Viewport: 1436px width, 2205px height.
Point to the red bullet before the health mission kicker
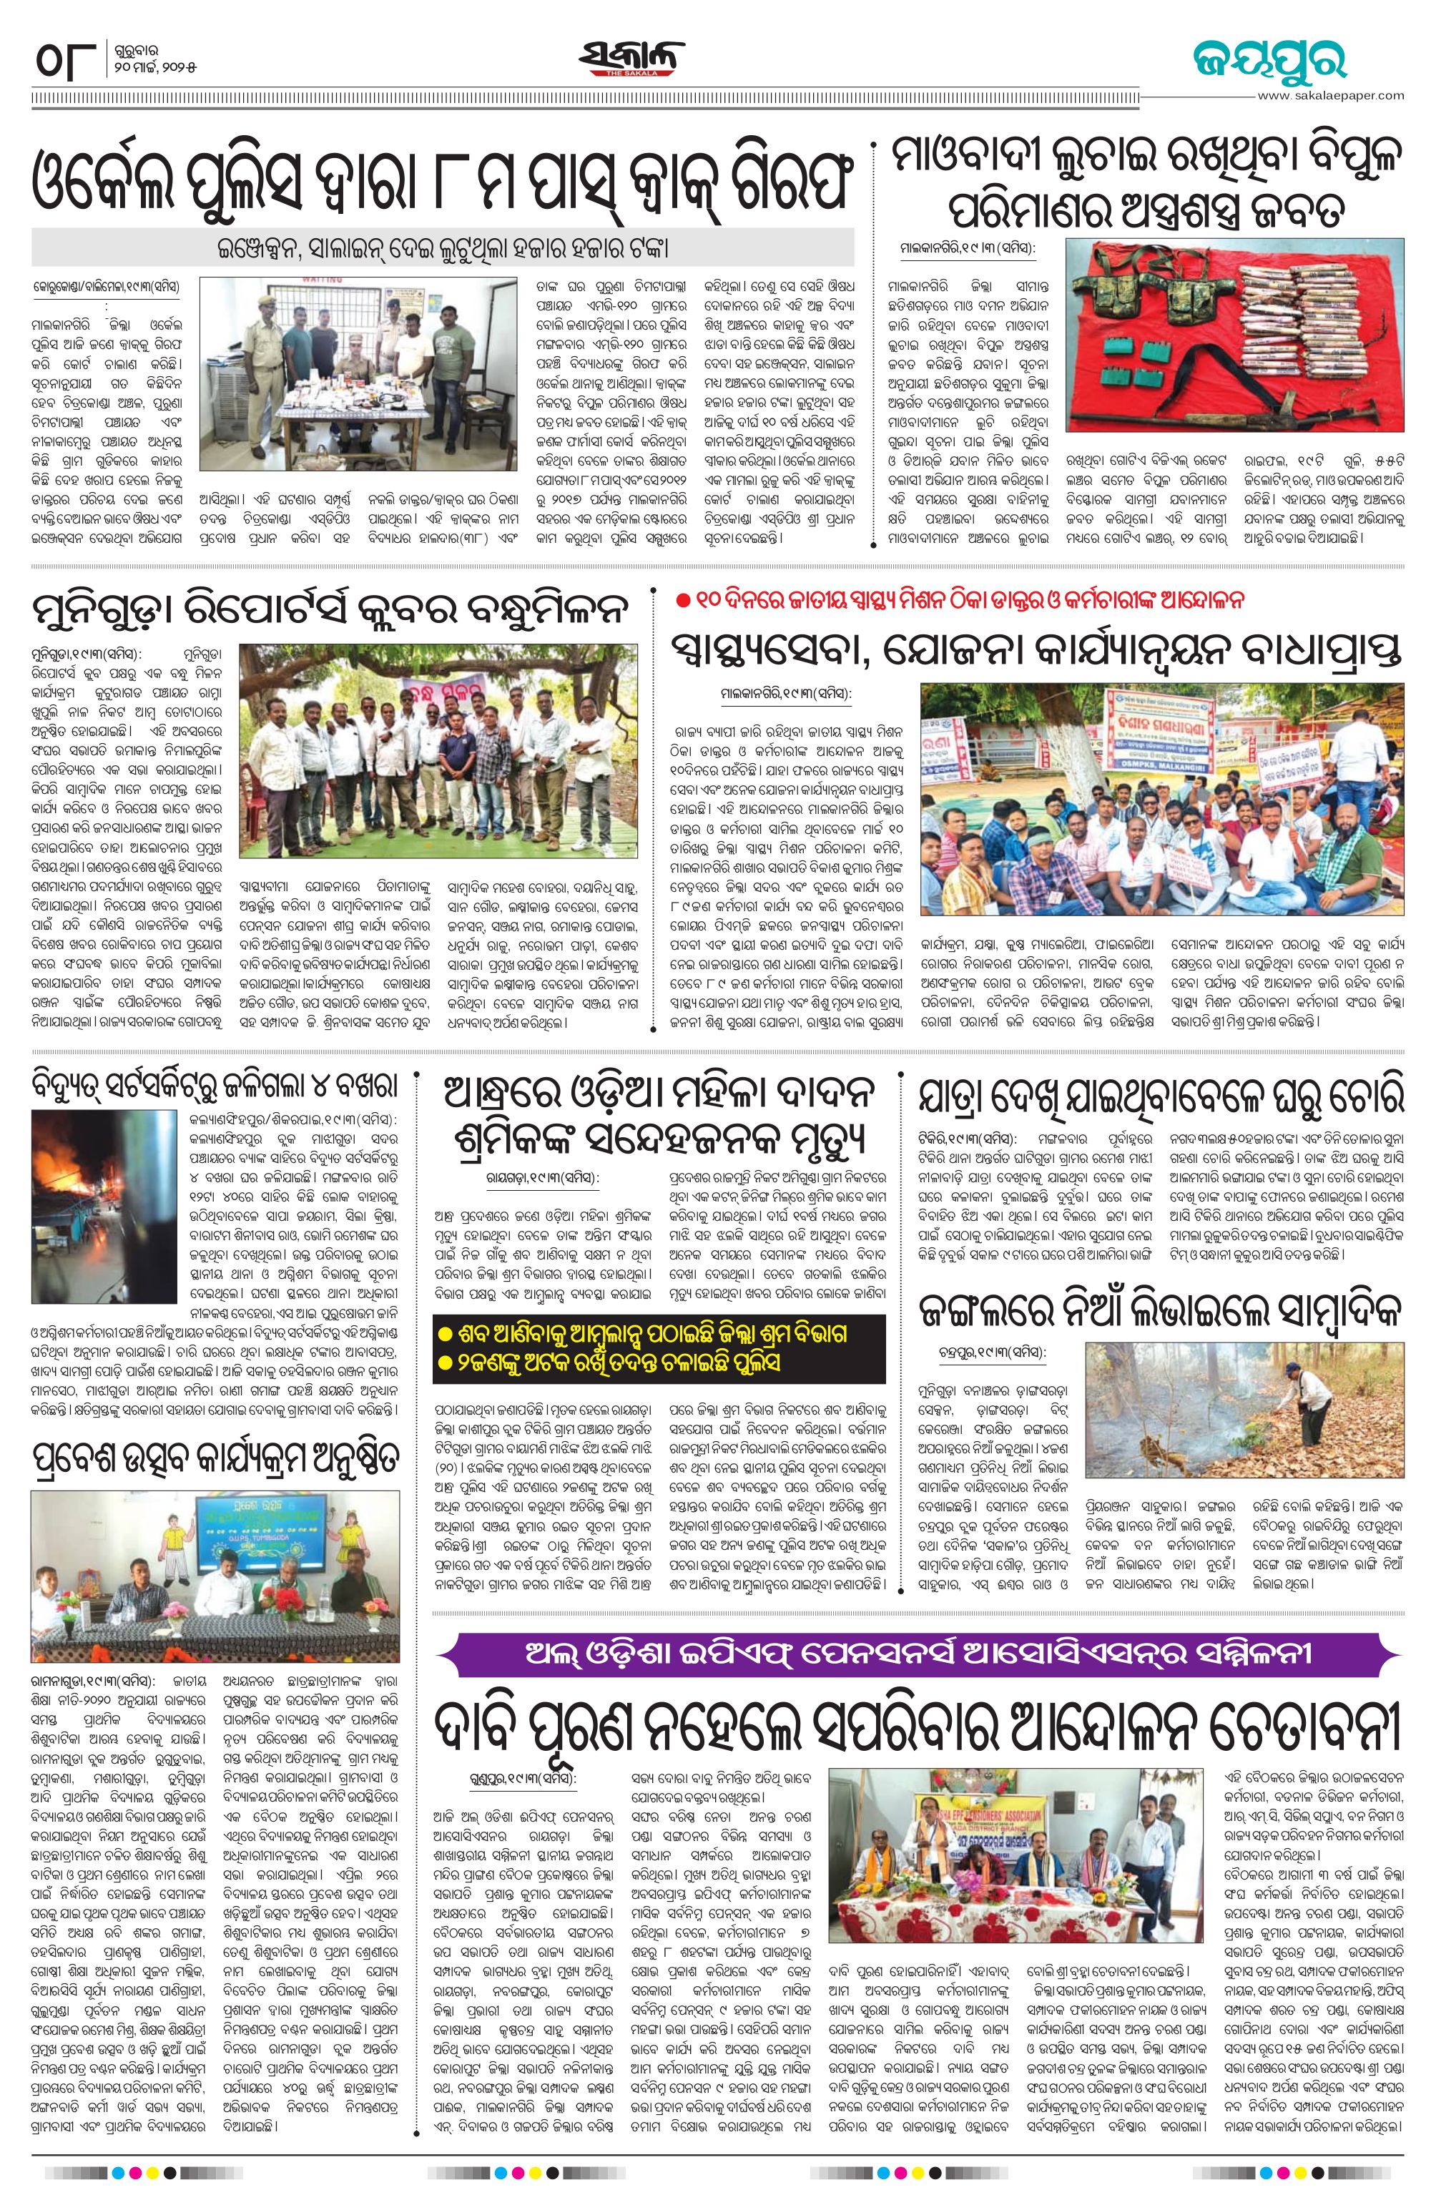point(683,600)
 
